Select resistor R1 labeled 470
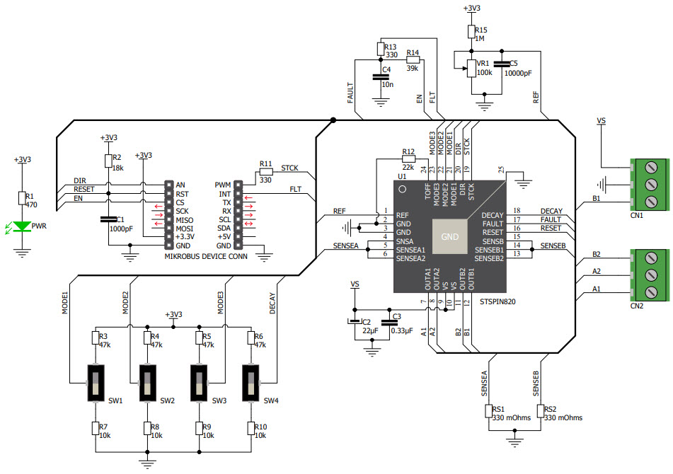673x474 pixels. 23,198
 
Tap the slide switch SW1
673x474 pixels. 96,383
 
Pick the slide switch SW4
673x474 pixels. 251,383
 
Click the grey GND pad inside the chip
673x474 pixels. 450,236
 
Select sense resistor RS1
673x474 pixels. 488,412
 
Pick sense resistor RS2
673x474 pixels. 540,412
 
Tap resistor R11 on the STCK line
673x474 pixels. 265,171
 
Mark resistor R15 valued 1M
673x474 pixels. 471,32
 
